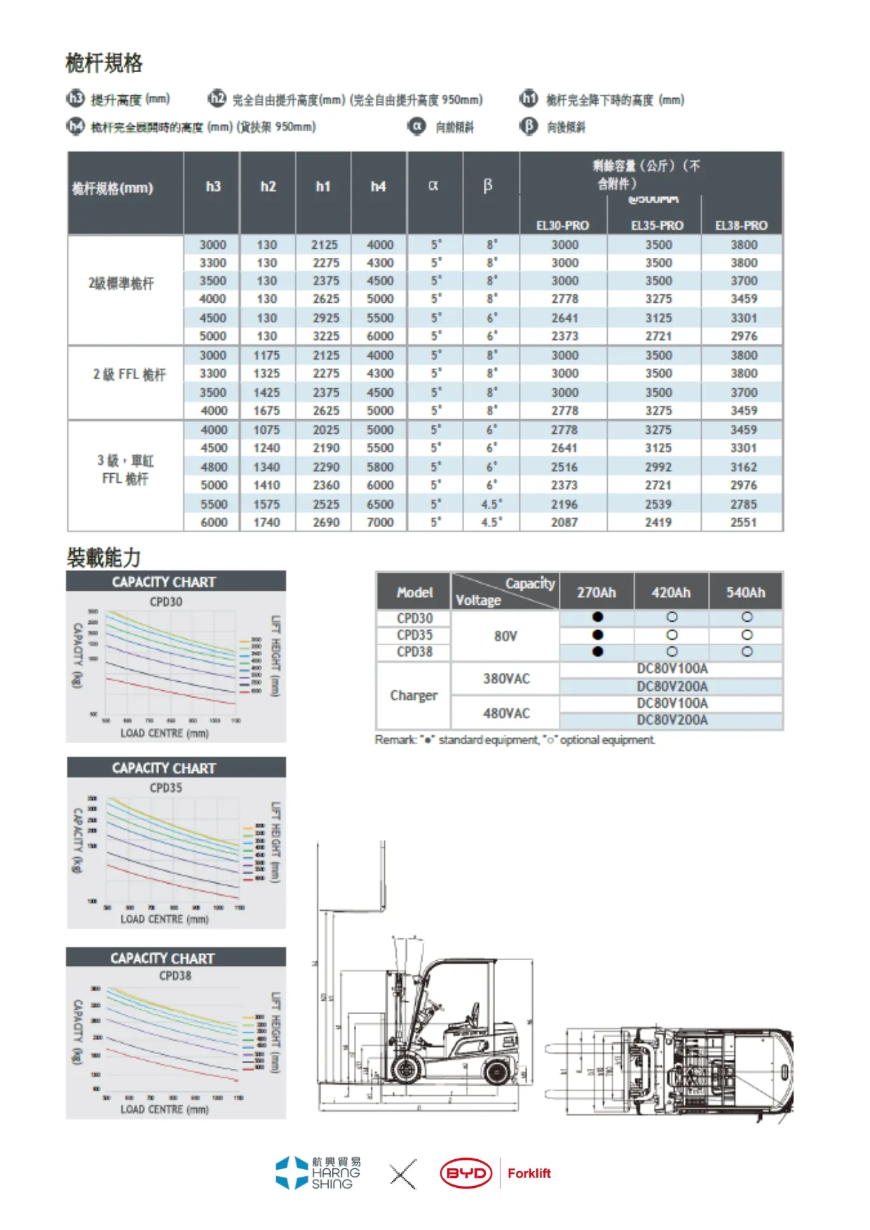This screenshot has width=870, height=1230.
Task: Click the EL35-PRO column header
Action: click(x=657, y=225)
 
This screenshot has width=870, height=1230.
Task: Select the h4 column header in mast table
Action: click(x=378, y=186)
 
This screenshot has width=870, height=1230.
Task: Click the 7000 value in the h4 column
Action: click(x=380, y=522)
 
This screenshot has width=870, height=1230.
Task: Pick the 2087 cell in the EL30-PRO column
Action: click(x=564, y=522)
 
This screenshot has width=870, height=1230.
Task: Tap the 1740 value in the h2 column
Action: click(x=266, y=522)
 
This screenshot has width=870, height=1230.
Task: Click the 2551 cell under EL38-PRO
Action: click(x=744, y=522)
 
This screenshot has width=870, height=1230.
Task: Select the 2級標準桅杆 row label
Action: click(x=121, y=284)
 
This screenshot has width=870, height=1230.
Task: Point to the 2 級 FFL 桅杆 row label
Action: click(x=129, y=375)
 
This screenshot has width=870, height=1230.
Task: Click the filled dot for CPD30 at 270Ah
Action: click(x=597, y=617)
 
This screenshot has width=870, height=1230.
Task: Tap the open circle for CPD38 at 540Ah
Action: click(x=747, y=651)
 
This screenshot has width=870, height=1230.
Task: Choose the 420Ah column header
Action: click(x=671, y=592)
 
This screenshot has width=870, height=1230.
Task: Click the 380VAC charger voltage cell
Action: click(x=506, y=678)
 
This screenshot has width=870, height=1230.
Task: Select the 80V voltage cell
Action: click(x=505, y=636)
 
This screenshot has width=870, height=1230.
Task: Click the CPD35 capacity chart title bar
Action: click(x=164, y=768)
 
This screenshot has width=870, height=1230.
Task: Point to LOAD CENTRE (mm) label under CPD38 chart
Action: click(x=164, y=1109)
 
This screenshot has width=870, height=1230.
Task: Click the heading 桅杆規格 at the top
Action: click(x=104, y=63)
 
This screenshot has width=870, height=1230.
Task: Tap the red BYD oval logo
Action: click(x=466, y=1173)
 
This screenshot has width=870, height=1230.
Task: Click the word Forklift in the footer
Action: click(x=529, y=1173)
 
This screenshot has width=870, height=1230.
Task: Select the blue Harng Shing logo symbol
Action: click(x=291, y=1173)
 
